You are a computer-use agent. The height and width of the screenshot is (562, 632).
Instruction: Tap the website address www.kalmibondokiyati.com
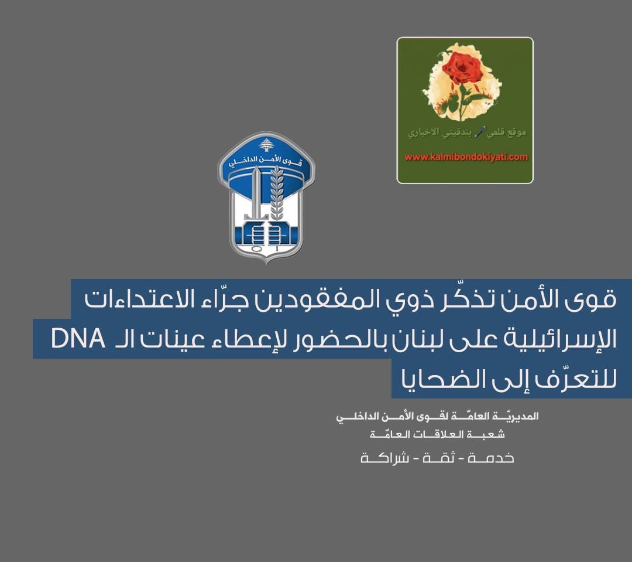pyautogui.click(x=466, y=157)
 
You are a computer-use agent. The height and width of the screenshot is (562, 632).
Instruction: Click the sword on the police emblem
pyautogui.click(x=255, y=193)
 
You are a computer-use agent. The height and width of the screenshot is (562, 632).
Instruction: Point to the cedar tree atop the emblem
pyautogui.click(x=266, y=144)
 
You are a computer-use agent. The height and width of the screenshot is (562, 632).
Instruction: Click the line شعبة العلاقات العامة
pyautogui.click(x=437, y=434)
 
